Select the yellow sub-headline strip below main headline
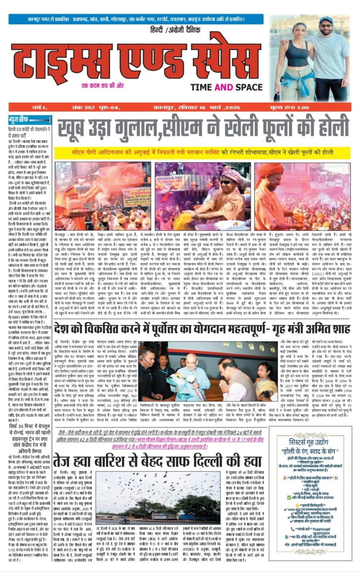click(x=202, y=152)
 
